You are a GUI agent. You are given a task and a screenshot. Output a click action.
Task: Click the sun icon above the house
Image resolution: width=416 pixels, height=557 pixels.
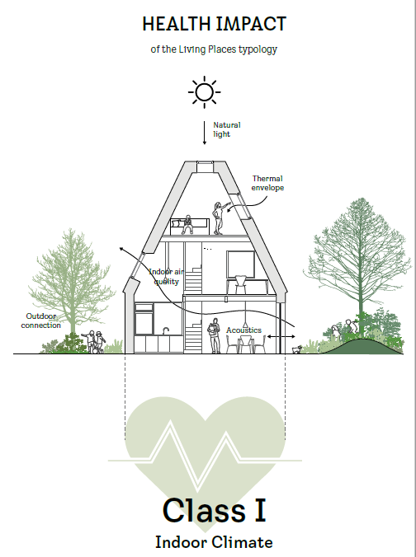[x=204, y=92]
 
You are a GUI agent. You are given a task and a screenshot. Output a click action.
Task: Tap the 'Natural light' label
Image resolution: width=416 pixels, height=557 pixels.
[x=227, y=129]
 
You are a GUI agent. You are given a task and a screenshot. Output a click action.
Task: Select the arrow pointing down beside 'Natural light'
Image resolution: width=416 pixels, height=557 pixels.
[x=204, y=133]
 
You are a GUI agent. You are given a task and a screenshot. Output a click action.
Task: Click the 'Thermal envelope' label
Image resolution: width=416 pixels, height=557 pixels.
[x=267, y=183]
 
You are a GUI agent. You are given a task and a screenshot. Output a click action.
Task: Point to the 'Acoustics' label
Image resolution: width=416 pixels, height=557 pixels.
[x=243, y=330]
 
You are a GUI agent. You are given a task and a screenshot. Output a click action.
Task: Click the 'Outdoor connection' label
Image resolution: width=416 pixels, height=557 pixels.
[x=41, y=321]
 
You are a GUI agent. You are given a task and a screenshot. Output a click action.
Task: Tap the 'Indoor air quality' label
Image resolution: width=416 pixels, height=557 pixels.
[x=166, y=277]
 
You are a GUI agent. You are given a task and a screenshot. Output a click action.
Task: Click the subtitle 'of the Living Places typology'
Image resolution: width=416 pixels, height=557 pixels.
[x=214, y=49]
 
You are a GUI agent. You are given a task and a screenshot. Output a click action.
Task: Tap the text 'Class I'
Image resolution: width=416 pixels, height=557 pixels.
[x=215, y=511]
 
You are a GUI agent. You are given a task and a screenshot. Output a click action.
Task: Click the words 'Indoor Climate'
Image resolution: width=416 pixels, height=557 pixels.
[x=214, y=542]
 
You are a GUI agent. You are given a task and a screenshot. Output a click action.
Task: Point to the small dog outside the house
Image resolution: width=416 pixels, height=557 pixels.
[x=297, y=349]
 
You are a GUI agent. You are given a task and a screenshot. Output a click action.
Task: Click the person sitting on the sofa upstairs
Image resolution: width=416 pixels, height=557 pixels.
[x=187, y=224]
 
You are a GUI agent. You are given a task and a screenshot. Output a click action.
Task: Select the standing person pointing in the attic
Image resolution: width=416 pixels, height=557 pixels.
[x=220, y=218]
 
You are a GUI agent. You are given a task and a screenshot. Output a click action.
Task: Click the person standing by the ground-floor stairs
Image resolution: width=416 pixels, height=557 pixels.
[x=214, y=335]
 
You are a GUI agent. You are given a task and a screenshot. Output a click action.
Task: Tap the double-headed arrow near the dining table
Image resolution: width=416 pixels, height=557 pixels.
[x=281, y=336]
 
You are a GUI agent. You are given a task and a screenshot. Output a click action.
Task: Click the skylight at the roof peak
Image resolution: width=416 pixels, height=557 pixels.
[x=205, y=167]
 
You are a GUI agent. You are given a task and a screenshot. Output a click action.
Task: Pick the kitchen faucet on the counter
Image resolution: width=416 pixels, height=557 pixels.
[x=165, y=330]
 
